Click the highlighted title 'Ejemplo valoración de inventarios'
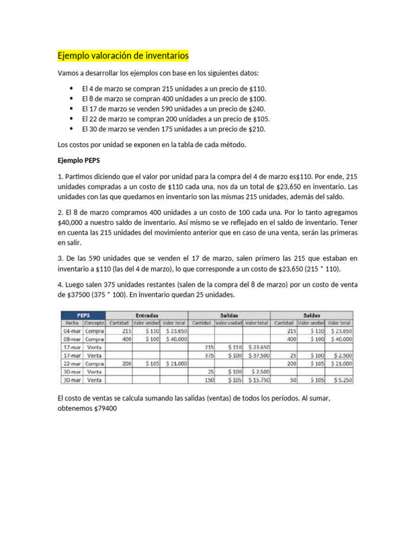123,56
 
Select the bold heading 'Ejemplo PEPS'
79,160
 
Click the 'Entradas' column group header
147,314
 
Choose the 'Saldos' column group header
311,314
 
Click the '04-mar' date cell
72,331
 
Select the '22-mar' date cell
72,364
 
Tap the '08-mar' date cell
72,339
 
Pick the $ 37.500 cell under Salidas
258,355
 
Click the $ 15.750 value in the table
258,380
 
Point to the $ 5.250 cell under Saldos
340,380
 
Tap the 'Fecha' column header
72,322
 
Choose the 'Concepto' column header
94,322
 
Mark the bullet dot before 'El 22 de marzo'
71,118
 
